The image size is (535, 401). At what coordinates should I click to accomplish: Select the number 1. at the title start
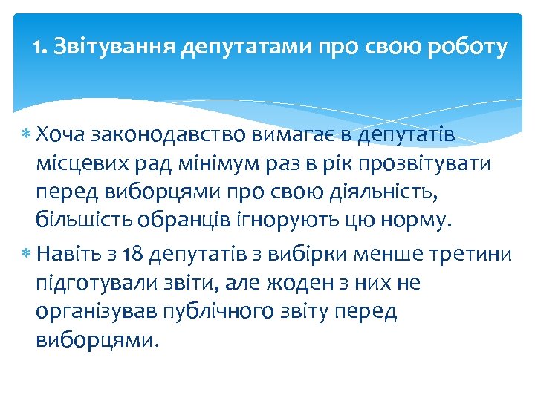point(40,49)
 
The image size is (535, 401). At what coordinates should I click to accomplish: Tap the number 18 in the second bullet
point(133,255)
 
